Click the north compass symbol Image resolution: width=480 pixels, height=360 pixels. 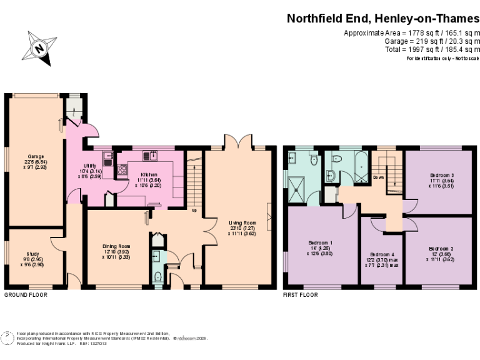[39, 47]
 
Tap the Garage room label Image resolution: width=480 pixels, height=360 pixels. [35, 156]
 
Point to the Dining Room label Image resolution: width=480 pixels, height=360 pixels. [116, 246]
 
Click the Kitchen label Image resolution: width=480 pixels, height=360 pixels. [149, 175]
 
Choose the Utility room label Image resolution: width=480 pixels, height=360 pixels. [74, 165]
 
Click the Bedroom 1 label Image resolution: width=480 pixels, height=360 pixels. [321, 242]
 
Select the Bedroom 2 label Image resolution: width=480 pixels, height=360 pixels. [442, 249]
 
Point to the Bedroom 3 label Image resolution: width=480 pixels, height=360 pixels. [442, 176]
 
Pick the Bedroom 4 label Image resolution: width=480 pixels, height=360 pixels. [382, 254]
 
